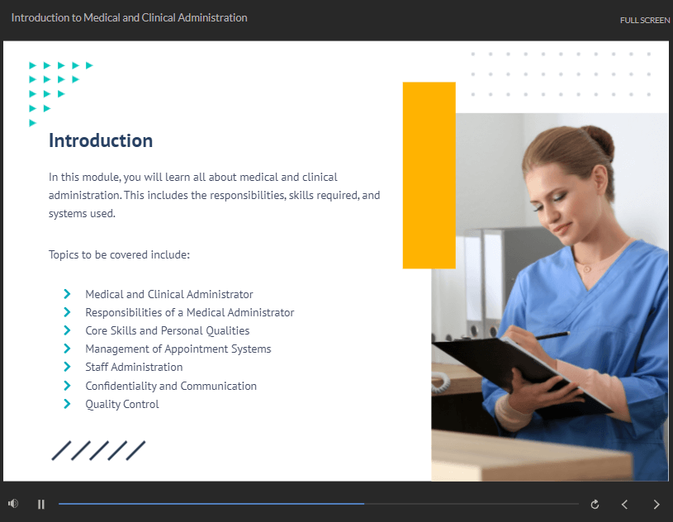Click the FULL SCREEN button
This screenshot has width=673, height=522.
644,20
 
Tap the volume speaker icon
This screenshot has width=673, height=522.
13,503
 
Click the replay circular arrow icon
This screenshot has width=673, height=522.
595,504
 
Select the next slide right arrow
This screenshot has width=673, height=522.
656,504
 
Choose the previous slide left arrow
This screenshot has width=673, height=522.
624,504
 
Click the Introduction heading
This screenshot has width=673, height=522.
101,140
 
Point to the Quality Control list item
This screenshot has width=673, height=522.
122,404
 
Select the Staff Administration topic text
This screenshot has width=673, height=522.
134,367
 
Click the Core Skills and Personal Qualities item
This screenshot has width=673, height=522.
168,330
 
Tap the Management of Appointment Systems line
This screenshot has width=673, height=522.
178,349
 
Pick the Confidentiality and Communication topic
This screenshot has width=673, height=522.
171,386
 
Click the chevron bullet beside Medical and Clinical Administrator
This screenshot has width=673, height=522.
67,294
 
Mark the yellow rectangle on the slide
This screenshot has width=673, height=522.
429,175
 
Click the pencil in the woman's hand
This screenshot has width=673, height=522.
552,335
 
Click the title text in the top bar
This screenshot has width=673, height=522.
129,17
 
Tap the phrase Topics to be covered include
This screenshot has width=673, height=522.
119,254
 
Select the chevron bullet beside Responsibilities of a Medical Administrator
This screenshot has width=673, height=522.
67,312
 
